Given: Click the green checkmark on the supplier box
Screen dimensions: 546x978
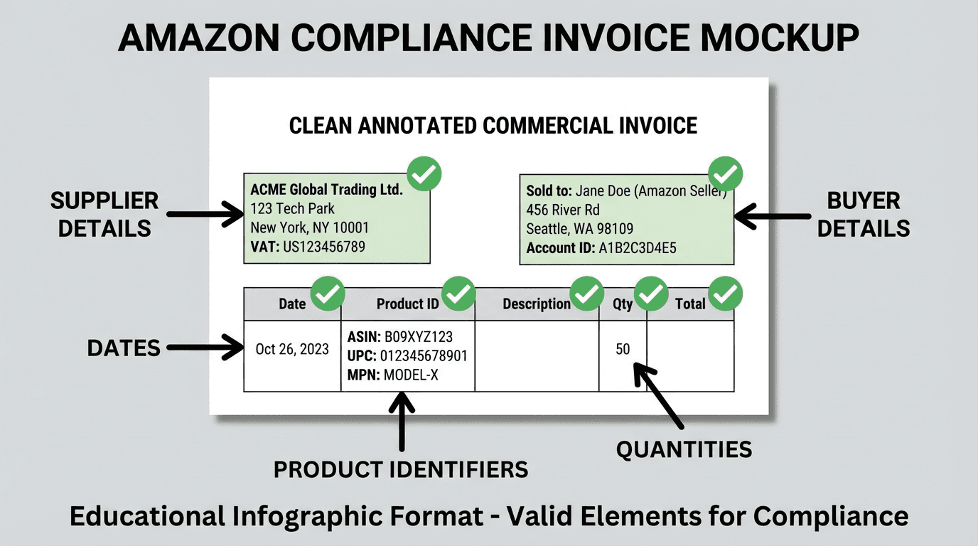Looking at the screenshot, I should [x=424, y=174].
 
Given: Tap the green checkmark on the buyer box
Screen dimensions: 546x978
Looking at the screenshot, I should [x=726, y=173].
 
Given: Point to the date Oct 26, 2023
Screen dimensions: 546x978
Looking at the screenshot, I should [x=292, y=349].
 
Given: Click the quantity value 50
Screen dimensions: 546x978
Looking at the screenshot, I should [x=623, y=349].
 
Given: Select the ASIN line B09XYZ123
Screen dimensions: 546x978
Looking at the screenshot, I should [x=399, y=337].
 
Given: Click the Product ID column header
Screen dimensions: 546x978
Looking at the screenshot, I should [x=407, y=304].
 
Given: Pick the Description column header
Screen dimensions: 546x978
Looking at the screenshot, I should [x=537, y=304].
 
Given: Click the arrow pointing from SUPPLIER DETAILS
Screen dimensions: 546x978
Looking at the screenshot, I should [x=206, y=213].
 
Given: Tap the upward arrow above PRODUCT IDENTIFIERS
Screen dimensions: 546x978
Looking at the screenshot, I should [x=402, y=422].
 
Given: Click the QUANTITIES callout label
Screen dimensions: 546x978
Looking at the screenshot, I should [x=683, y=449].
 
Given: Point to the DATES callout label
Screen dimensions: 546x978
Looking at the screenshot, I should [x=124, y=348].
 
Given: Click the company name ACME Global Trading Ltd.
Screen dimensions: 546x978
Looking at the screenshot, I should [x=326, y=190].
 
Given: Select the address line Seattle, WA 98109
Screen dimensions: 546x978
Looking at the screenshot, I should [x=579, y=229].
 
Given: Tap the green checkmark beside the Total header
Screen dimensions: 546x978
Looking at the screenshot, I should [x=726, y=294].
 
